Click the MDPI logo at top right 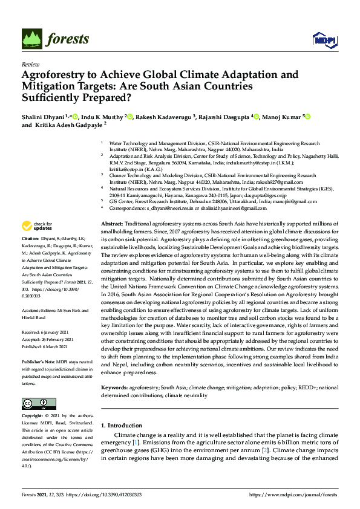(324, 40)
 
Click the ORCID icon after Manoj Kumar (307, 116)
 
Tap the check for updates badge (36, 226)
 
